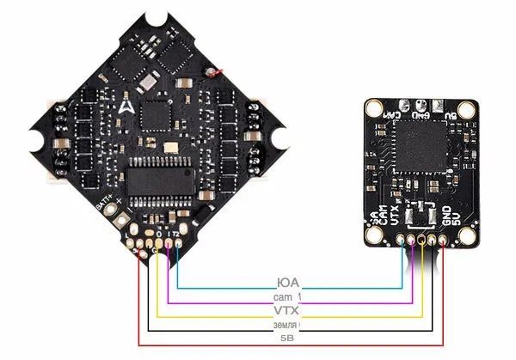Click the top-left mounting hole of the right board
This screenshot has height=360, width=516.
372,107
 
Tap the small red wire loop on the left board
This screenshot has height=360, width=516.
224,70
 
